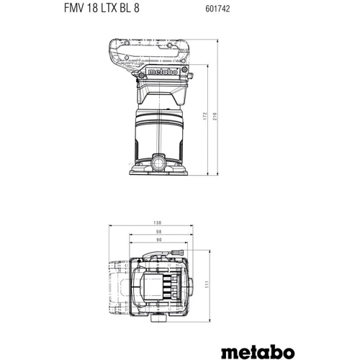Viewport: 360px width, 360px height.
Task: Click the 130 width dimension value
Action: click(159, 222)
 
